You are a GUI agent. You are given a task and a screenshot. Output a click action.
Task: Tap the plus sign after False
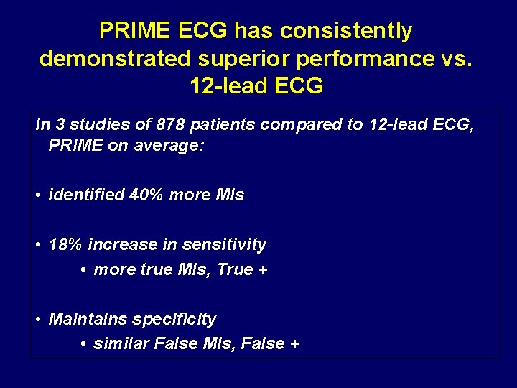pyautogui.click(x=294, y=344)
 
